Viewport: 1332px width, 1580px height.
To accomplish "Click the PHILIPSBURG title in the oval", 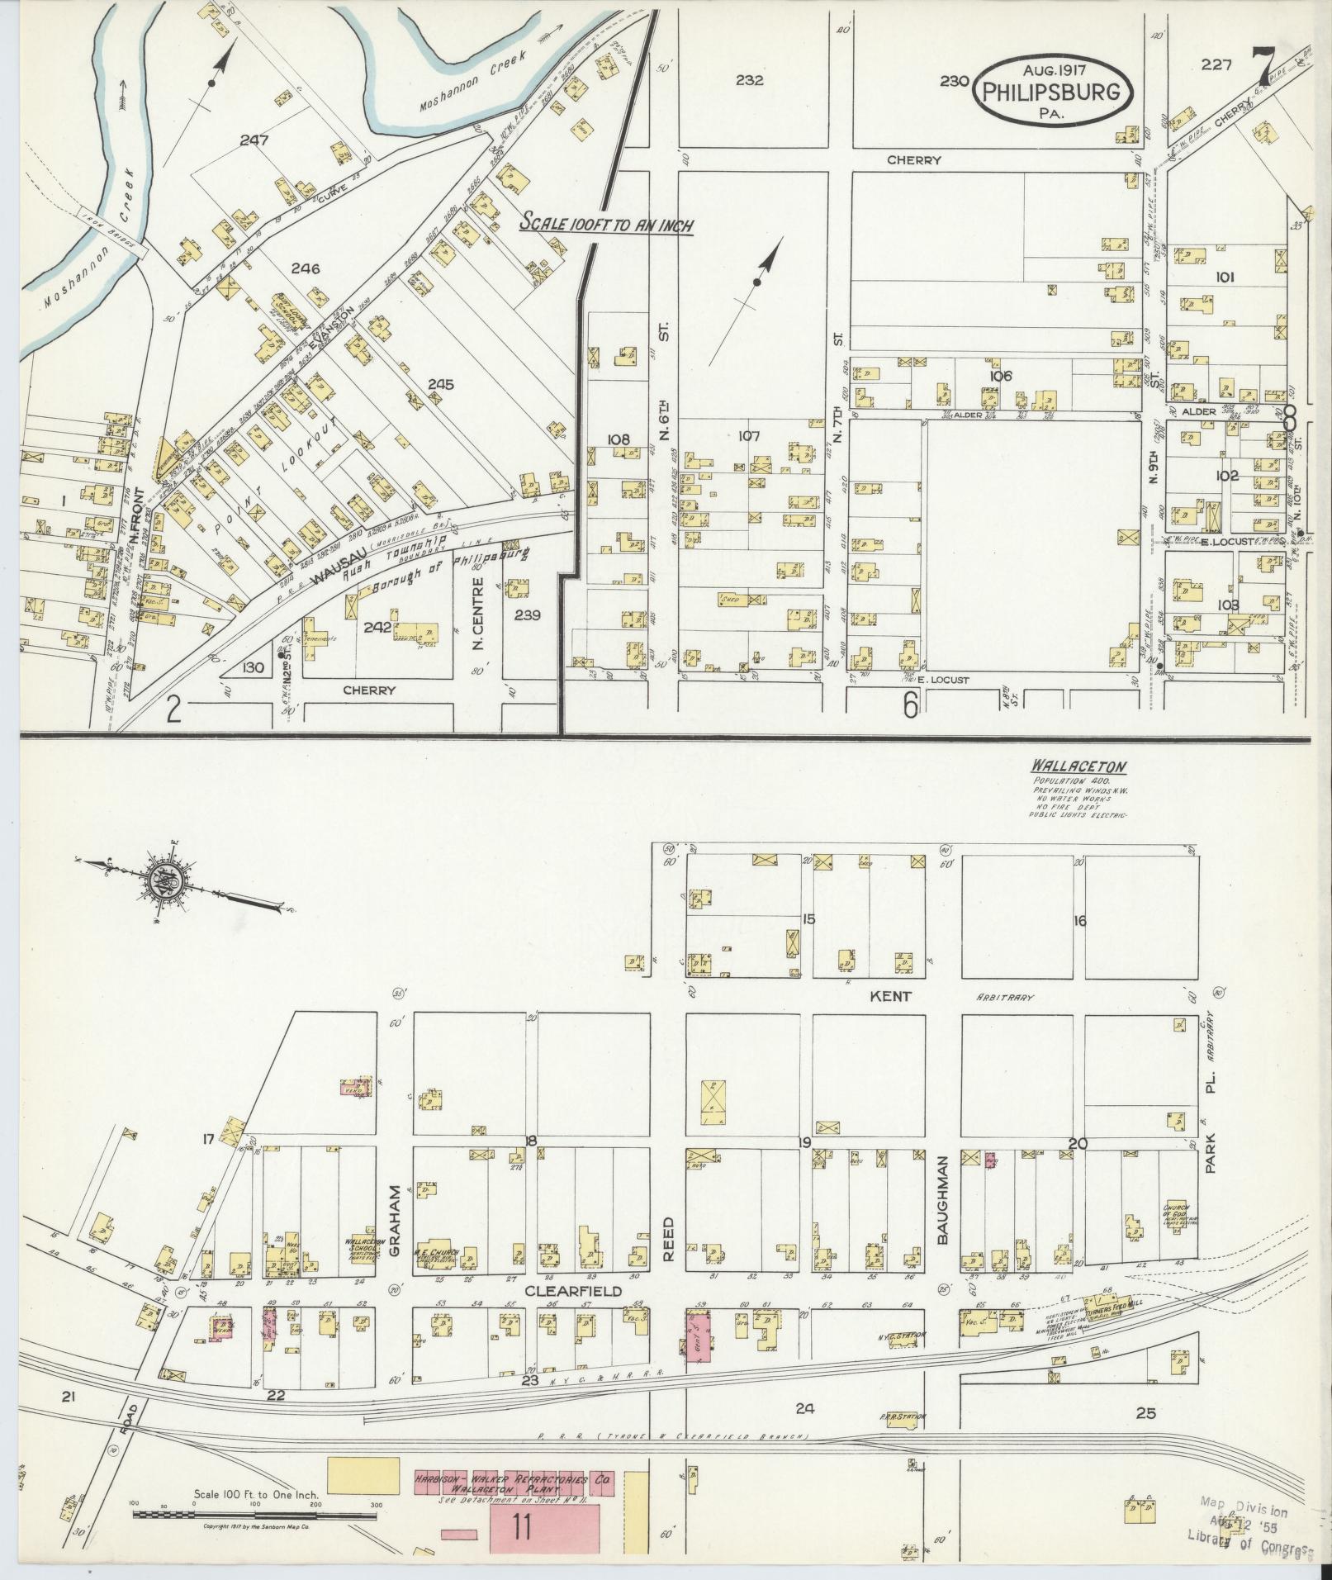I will (x=1053, y=91).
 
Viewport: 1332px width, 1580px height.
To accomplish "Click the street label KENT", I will (x=891, y=996).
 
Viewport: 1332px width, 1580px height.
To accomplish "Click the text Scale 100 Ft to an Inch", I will (x=605, y=225).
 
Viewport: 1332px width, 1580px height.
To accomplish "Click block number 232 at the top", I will (x=750, y=81).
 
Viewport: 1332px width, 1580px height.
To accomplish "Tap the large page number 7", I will (x=1261, y=68).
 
